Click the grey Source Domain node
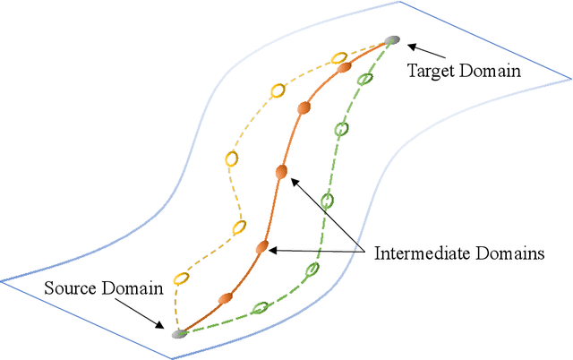point(179,333)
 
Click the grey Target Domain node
point(391,40)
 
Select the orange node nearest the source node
point(225,296)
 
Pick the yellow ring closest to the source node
point(181,278)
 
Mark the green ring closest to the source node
point(260,308)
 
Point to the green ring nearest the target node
point(364,79)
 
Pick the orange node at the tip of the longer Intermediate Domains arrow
point(281,171)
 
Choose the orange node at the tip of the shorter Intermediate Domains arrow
point(261,246)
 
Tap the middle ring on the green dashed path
point(328,200)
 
